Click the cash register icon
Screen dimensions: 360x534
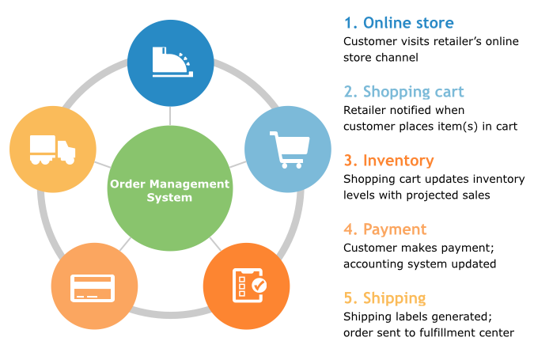coord(170,63)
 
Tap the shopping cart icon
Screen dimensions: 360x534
coord(286,149)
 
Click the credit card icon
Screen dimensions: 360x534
coord(94,286)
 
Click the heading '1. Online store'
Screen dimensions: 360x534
coord(399,22)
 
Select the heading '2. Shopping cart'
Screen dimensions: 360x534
coord(403,91)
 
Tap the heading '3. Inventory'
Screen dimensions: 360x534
coord(389,161)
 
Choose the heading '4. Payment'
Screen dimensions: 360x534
coord(385,229)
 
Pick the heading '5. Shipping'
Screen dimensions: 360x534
coord(385,298)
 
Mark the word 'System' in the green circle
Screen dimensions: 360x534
coord(169,197)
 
